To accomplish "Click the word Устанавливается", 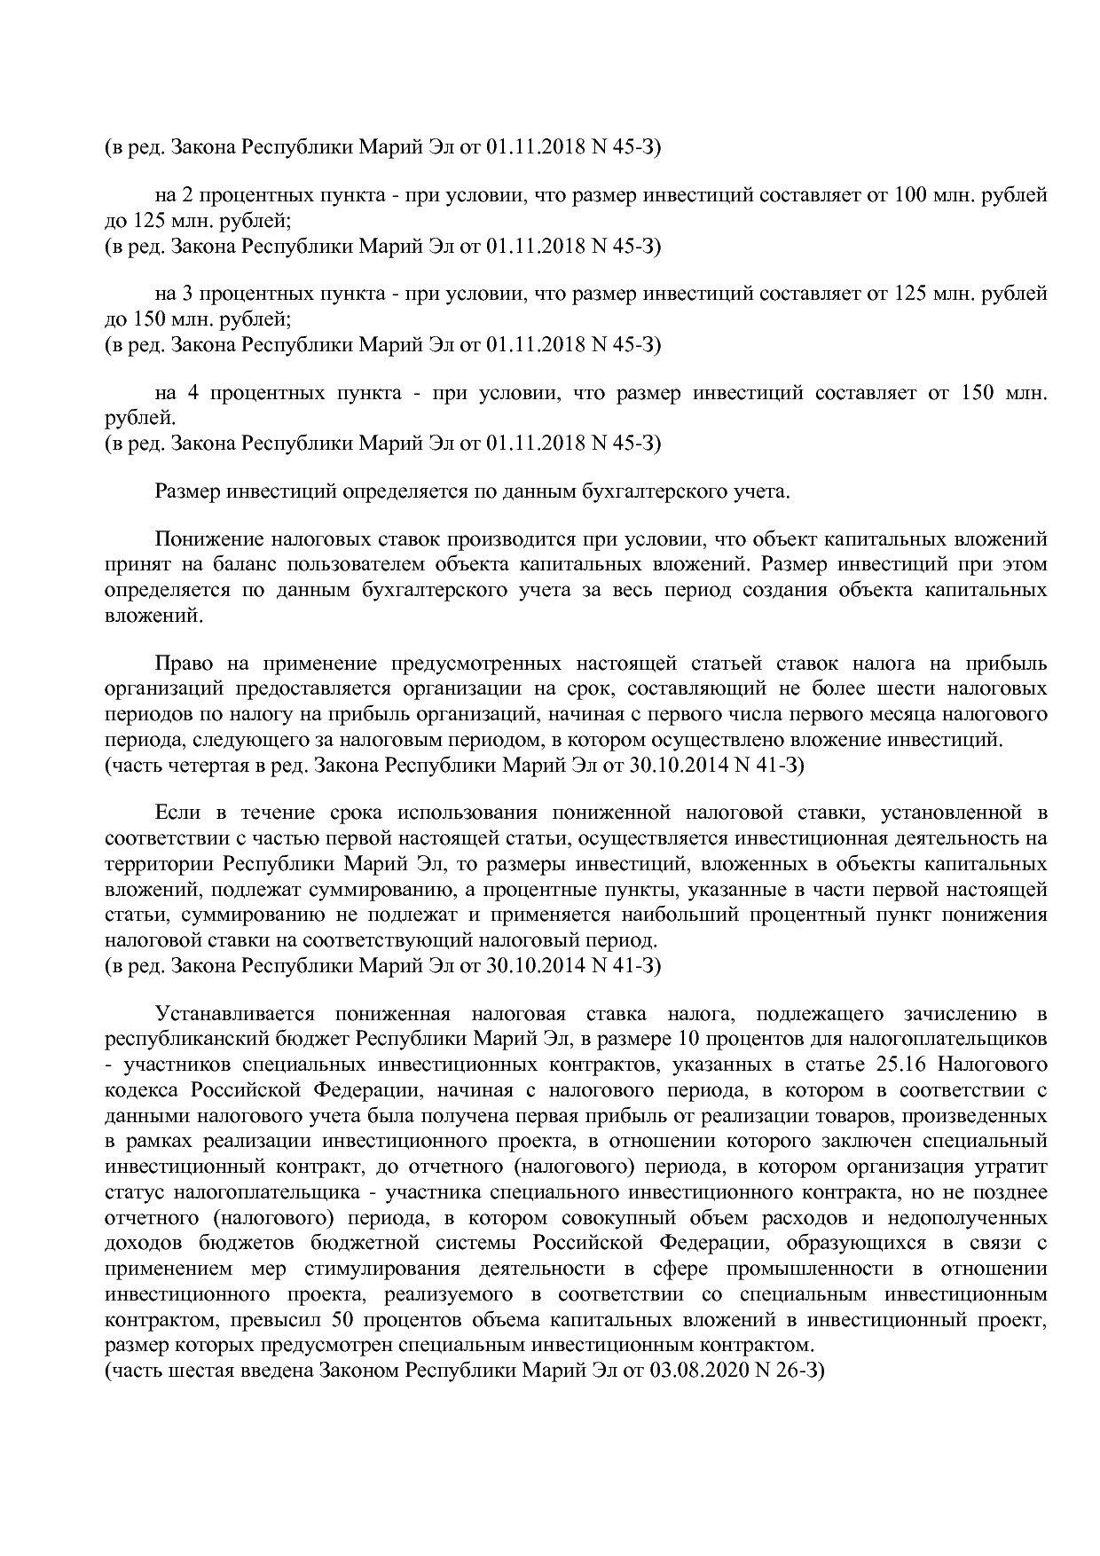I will point(232,1014).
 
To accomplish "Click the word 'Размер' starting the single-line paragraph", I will point(187,491).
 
